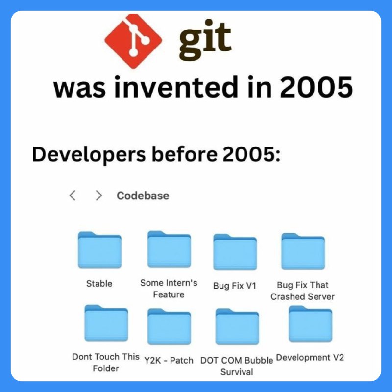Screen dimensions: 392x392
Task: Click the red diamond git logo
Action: [133, 41]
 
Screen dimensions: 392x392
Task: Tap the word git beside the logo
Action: [205, 40]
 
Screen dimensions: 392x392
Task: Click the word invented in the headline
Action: [176, 87]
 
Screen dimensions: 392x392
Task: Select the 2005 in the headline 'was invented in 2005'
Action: [316, 87]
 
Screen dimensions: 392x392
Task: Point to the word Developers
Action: [89, 155]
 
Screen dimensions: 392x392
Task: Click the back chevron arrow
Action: [73, 195]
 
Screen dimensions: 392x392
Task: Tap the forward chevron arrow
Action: [99, 196]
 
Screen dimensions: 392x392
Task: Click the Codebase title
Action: [143, 196]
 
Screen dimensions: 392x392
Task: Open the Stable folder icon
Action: [100, 250]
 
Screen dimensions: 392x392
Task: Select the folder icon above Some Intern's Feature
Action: [169, 249]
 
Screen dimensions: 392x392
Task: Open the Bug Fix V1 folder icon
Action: [235, 252]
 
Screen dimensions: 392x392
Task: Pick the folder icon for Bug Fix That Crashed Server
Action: [303, 251]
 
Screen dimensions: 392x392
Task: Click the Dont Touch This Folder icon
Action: [106, 323]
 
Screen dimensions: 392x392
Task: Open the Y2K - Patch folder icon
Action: [169, 326]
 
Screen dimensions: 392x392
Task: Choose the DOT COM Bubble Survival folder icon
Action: [237, 326]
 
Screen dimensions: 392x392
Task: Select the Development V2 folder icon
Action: [311, 324]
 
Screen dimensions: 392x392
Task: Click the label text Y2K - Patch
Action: [169, 360]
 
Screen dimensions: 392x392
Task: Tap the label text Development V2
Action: [310, 358]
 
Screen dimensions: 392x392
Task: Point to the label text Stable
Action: [99, 284]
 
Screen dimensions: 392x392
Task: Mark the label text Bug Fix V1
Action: [235, 286]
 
